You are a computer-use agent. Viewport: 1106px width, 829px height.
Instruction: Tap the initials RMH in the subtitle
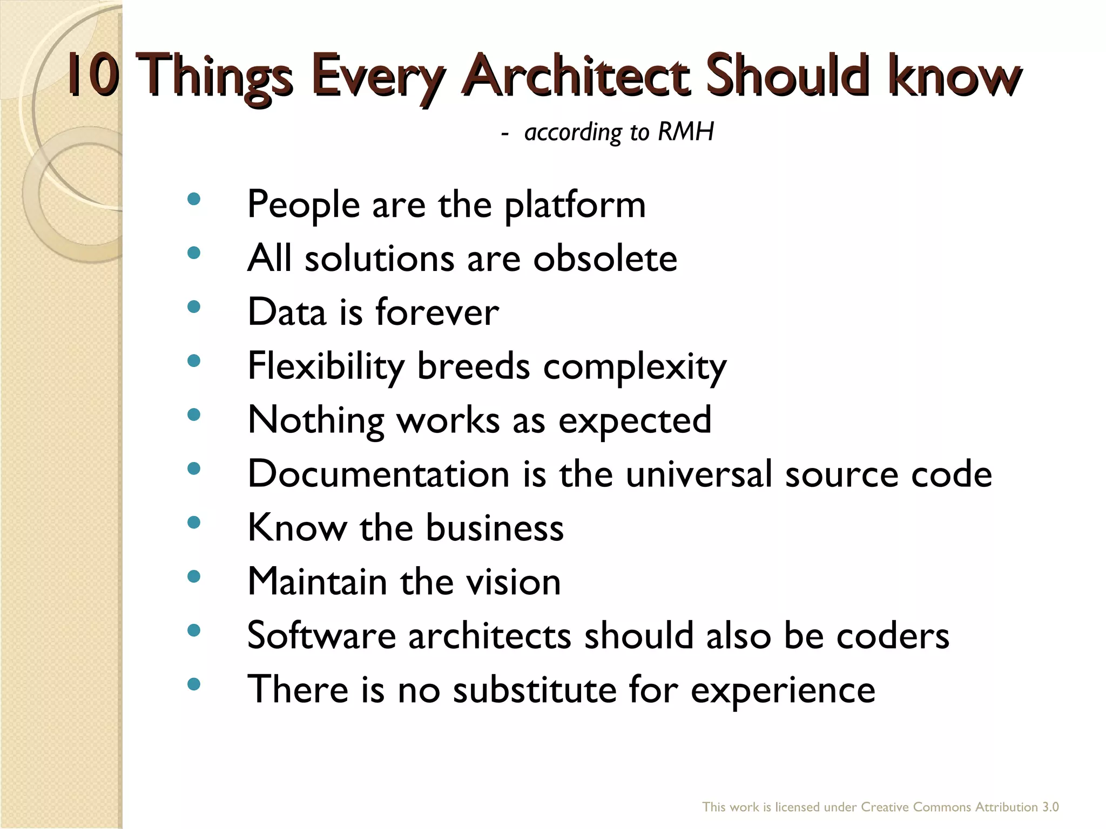tap(686, 131)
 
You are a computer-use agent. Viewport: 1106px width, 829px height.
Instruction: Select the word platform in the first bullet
tap(575, 205)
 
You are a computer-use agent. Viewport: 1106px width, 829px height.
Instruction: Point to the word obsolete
tap(605, 258)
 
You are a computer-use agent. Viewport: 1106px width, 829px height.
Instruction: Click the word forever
tap(437, 312)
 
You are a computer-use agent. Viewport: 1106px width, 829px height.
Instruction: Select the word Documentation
tap(378, 474)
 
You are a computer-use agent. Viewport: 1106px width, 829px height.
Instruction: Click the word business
tap(495, 527)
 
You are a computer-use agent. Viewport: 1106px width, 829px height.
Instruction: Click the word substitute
tap(535, 689)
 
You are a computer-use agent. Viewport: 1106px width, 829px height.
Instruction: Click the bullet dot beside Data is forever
tap(193, 307)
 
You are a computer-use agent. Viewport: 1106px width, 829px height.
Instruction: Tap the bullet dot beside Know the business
tap(193, 522)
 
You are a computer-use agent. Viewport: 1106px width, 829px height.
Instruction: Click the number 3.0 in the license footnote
tap(1050, 807)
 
